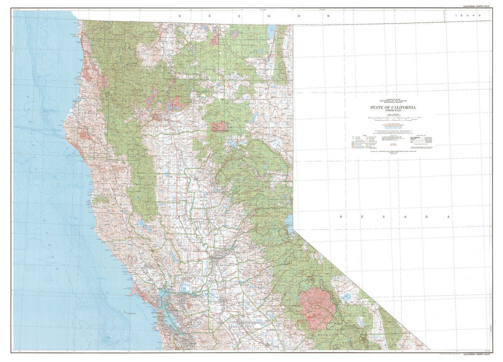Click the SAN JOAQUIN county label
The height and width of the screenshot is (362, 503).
pyautogui.click(x=227, y=303)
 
